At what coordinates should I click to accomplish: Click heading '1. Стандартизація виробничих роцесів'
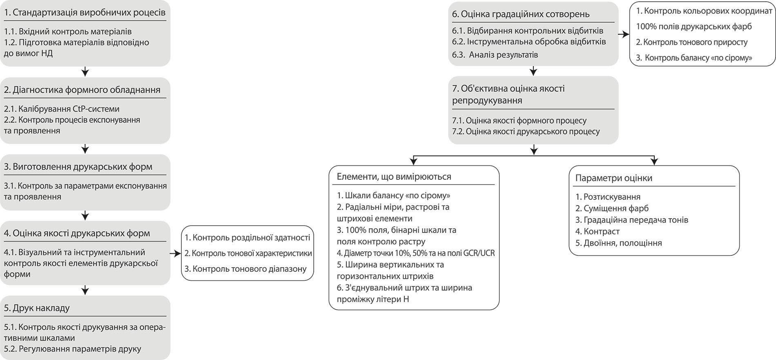point(85,13)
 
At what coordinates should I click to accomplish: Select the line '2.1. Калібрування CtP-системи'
point(62,109)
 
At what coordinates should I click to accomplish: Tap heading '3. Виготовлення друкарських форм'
point(78,167)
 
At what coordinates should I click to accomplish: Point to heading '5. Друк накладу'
point(37,308)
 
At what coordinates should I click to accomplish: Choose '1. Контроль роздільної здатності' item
point(247,237)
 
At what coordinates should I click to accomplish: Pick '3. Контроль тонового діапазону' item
point(245,269)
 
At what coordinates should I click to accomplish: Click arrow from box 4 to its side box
point(175,254)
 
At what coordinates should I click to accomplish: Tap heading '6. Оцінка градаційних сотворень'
point(521,14)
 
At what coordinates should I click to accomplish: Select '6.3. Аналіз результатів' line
point(495,54)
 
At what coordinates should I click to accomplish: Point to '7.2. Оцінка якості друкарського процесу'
point(526,132)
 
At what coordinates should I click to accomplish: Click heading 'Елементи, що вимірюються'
point(394,177)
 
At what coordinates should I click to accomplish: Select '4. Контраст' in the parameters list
point(598,231)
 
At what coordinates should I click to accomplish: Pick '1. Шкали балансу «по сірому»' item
point(393,195)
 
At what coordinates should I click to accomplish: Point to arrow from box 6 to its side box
point(624,35)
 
